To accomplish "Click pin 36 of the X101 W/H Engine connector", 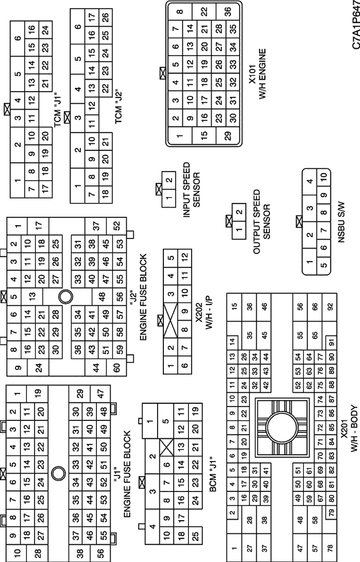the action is [x=228, y=12].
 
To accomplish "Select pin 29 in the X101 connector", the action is [x=228, y=135].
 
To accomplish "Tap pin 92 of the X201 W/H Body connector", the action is [x=330, y=307].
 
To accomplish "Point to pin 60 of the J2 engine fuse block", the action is [x=117, y=368].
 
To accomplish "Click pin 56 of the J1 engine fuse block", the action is [x=101, y=552].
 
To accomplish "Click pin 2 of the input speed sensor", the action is [x=169, y=180].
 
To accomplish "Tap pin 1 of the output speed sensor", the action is [x=239, y=230].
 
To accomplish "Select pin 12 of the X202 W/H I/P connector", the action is [x=185, y=257].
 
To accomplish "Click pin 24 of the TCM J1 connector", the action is [x=45, y=30].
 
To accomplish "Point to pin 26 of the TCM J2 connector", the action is [x=105, y=17].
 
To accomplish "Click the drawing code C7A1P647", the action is [x=355, y=25].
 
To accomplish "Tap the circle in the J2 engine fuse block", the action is [x=65, y=296].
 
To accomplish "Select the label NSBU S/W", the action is [x=341, y=223].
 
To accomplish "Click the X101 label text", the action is [x=253, y=74].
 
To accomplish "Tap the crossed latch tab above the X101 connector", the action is [x=163, y=73].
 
